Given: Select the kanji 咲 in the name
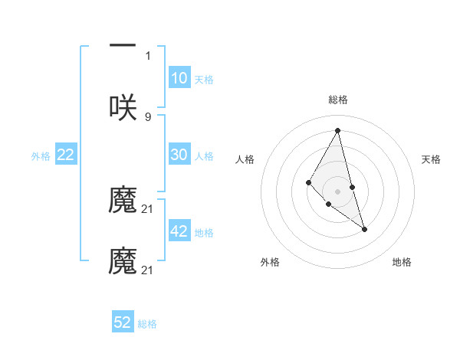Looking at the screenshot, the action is tap(123, 107).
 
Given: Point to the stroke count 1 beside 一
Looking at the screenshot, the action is tap(148, 56).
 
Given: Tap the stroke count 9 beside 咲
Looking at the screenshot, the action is tap(148, 116).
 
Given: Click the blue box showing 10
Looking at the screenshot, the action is tap(179, 78).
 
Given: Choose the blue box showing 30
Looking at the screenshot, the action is tap(179, 155).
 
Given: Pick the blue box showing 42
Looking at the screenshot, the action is tap(179, 231).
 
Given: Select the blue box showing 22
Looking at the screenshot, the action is tap(65, 155).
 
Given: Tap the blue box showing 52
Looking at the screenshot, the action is tap(123, 322).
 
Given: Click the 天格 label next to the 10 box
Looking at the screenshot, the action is tap(204, 80).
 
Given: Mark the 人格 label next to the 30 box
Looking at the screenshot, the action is tap(204, 156).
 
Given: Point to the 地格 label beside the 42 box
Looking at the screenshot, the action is tap(204, 233).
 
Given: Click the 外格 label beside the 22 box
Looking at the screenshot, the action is tap(41, 156).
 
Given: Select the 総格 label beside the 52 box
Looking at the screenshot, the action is tap(147, 324).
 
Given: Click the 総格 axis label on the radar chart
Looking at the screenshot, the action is tap(337, 100).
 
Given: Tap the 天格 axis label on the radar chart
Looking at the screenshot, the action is tap(431, 159).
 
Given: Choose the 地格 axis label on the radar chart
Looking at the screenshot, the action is tap(402, 262).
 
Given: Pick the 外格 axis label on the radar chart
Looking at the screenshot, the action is tap(270, 262).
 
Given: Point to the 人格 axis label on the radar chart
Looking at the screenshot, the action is tap(245, 159).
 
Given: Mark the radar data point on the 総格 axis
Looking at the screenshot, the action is tap(337, 129).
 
